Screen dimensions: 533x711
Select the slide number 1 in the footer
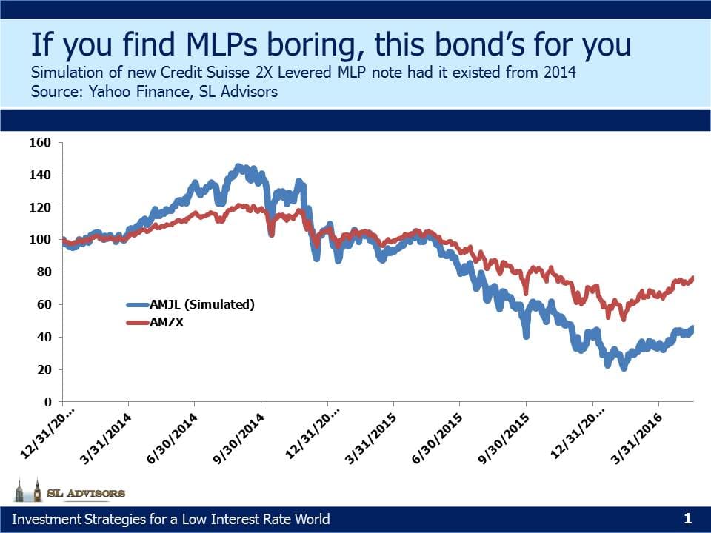coord(687,518)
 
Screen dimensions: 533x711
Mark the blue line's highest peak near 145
coord(238,167)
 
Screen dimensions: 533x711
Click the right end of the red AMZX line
coord(692,278)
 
